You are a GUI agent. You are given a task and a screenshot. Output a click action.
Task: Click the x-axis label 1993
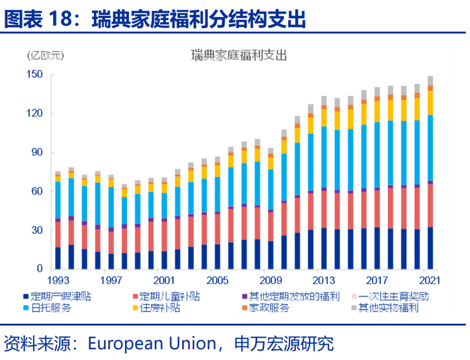58,280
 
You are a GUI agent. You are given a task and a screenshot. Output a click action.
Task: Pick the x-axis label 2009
270,280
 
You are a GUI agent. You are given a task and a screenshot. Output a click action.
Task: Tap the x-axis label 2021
430,280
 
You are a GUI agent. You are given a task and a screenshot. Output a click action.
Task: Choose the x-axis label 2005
218,280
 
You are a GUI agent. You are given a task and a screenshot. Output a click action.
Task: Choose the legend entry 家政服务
268,309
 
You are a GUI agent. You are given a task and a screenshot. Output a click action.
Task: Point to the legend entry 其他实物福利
388,309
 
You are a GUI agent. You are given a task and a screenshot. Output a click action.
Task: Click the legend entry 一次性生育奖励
393,296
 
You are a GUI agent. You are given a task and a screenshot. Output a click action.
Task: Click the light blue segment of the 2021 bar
430,148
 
